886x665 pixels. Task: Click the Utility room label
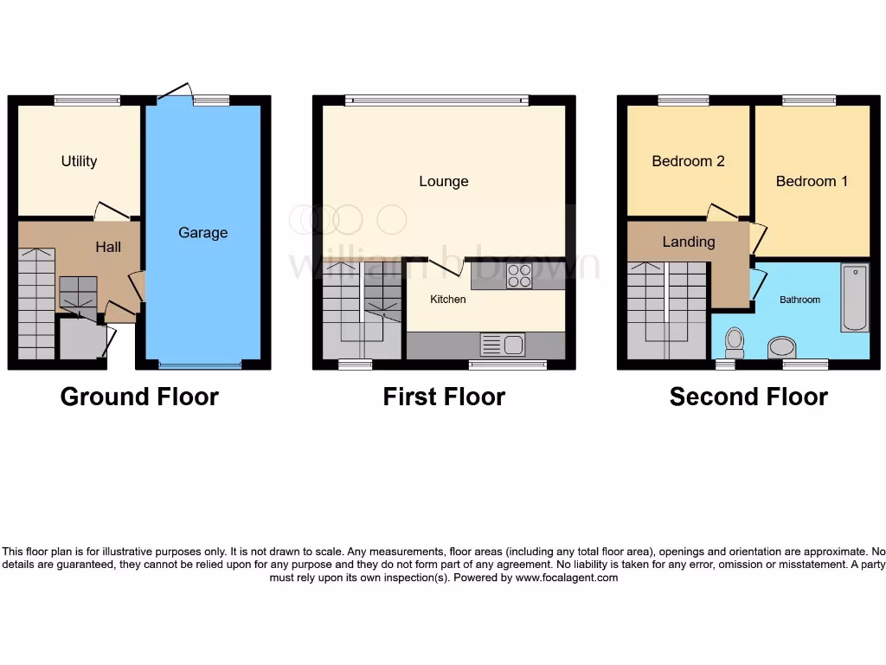(79, 161)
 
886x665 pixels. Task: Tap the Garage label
(203, 232)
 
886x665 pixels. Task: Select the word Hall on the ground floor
(108, 247)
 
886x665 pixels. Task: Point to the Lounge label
(444, 181)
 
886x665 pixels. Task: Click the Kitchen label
(448, 300)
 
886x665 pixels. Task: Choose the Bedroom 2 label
(688, 161)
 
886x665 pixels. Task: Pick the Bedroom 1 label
(812, 181)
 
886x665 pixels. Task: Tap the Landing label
(689, 242)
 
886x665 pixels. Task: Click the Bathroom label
(799, 300)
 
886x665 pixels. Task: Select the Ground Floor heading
(139, 397)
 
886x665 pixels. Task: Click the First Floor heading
(444, 397)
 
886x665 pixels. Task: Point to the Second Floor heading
(748, 397)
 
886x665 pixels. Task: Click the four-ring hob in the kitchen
(519, 275)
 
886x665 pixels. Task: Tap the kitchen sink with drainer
(502, 345)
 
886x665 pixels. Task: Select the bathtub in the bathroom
(855, 299)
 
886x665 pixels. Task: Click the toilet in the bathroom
(735, 342)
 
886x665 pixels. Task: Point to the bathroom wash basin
(782, 348)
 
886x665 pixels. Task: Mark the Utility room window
(87, 100)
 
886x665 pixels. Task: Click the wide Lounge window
(437, 100)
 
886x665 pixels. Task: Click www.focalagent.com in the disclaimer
(567, 578)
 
